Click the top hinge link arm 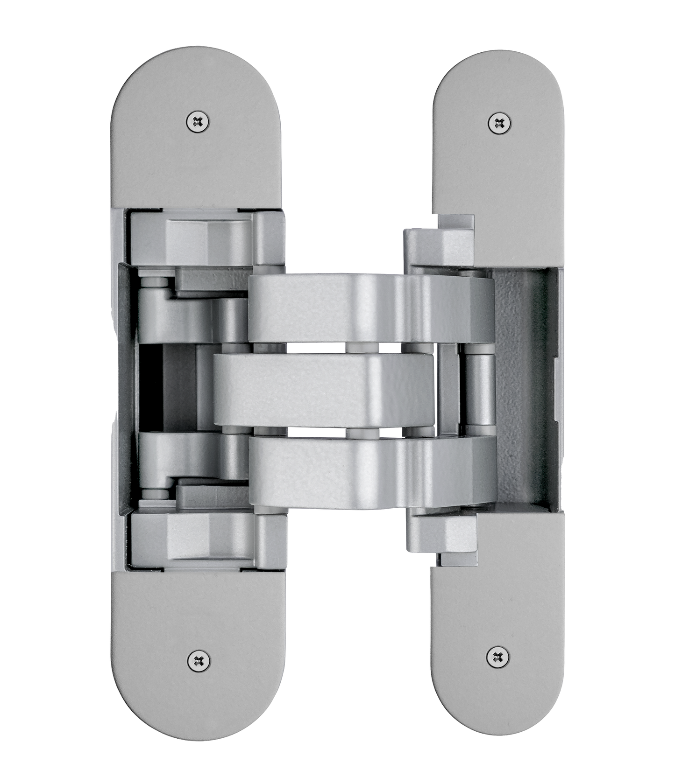[369, 308]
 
